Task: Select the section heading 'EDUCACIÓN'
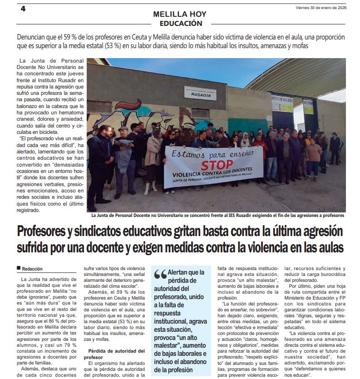pyautogui.click(x=181, y=23)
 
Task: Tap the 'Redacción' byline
pyautogui.click(x=32, y=269)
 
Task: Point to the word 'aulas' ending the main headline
pyautogui.click(x=326, y=248)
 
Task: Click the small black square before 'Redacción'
pyautogui.click(x=19, y=268)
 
